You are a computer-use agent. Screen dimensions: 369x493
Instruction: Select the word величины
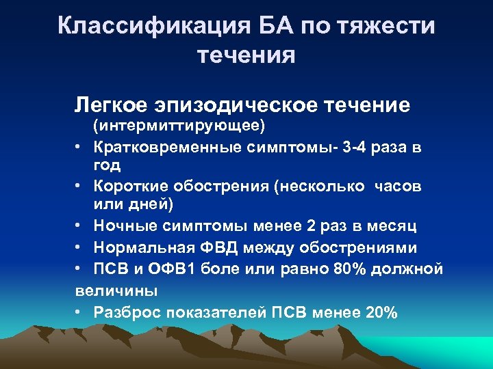(x=116, y=290)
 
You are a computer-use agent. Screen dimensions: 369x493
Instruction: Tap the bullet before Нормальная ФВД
(x=79, y=248)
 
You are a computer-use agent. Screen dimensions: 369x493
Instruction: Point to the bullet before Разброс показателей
(x=79, y=312)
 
